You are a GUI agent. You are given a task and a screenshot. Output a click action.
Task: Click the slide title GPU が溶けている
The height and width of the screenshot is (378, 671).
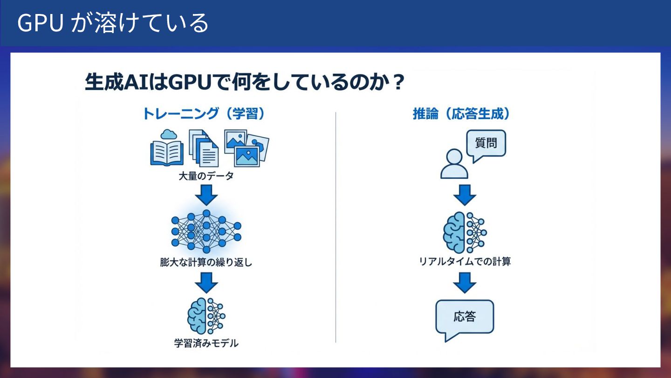[x=113, y=23]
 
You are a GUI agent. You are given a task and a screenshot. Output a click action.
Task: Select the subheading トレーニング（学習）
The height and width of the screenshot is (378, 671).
[x=203, y=114]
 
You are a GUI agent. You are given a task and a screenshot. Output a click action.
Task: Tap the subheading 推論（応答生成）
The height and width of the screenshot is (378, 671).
[x=461, y=114]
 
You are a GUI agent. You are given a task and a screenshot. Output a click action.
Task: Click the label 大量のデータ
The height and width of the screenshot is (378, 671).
[x=206, y=177]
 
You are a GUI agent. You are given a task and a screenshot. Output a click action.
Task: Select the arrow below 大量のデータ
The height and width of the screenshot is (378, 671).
[x=206, y=195]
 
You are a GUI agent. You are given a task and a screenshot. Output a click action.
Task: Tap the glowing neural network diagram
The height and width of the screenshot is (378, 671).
[x=206, y=231]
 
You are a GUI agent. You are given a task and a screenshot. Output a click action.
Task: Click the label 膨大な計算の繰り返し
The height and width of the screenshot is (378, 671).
[x=206, y=262]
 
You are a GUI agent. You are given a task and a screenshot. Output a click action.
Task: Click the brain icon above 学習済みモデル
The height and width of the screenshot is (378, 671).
[x=206, y=315]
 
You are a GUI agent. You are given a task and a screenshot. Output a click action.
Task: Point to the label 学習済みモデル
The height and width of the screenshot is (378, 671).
[x=206, y=343]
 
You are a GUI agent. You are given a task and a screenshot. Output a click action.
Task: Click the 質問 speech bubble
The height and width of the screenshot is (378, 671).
[x=486, y=144]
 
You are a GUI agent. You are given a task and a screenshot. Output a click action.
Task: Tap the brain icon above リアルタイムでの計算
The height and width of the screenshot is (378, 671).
[x=464, y=232]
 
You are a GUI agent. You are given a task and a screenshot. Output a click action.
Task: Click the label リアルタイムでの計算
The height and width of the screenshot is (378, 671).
[x=465, y=261]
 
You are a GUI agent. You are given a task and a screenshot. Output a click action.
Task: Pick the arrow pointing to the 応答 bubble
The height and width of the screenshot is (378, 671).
[x=465, y=282]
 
